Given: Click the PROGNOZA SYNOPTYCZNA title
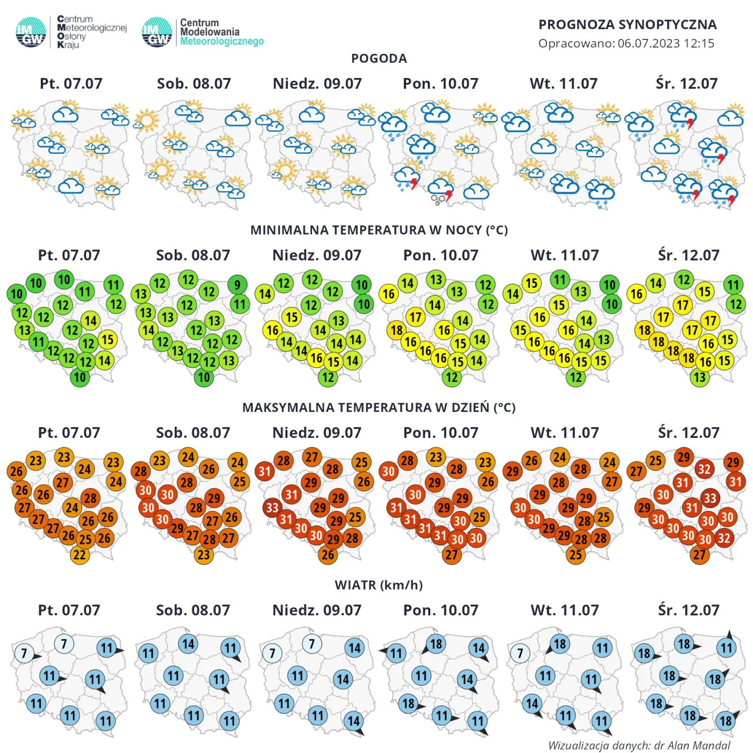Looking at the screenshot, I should [x=627, y=25].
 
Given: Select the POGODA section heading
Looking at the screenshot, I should [x=379, y=59].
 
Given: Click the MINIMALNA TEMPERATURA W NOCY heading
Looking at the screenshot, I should [x=379, y=230].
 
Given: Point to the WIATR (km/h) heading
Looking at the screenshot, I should [x=379, y=585].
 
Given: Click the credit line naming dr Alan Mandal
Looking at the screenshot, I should [x=639, y=745].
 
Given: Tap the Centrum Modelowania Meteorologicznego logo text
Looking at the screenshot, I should [x=221, y=32].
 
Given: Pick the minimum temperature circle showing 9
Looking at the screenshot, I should [x=237, y=285].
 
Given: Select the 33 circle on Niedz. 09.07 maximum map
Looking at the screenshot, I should [x=272, y=508].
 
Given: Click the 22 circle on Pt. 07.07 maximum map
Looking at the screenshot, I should [x=80, y=555].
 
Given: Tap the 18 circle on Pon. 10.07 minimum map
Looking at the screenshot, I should [x=396, y=330].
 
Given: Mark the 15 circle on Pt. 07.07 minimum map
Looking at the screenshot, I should [x=108, y=339].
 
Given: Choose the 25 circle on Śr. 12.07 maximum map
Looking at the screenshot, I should [x=655, y=461].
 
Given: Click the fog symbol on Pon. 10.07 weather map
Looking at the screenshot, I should [x=438, y=200].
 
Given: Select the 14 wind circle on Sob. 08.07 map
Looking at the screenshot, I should [x=188, y=644].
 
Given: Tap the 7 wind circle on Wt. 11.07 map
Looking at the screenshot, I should [x=520, y=654].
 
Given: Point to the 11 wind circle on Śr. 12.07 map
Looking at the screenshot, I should [x=727, y=648].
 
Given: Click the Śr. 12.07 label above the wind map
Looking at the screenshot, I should [x=688, y=610].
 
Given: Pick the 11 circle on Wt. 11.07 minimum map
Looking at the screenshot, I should [x=560, y=280].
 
